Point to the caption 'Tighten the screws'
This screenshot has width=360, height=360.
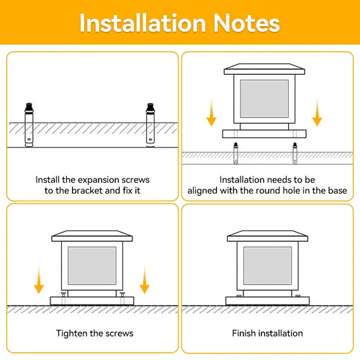pos(94,333)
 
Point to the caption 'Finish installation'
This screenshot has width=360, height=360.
pos(267,333)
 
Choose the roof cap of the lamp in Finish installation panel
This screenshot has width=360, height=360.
pos(267,236)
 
